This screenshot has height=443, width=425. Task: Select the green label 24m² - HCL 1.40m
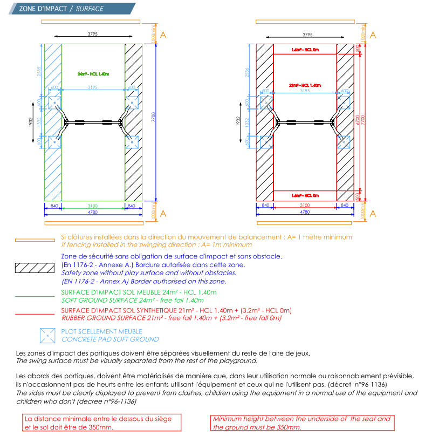[93, 74]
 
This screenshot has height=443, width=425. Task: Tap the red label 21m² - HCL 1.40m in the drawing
[305, 85]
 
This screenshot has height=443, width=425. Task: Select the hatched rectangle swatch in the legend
[35, 268]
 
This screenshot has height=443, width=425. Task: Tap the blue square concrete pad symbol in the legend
[47, 336]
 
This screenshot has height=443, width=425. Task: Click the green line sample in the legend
[35, 296]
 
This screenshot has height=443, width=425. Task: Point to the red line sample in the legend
[35, 314]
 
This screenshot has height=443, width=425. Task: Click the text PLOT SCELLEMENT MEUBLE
[102, 331]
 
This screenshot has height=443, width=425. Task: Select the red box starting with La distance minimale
[101, 422]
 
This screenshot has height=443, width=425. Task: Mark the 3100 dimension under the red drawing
[305, 206]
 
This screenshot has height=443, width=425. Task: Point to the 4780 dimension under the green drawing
[93, 212]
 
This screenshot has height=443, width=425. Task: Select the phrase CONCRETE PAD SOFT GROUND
[110, 339]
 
